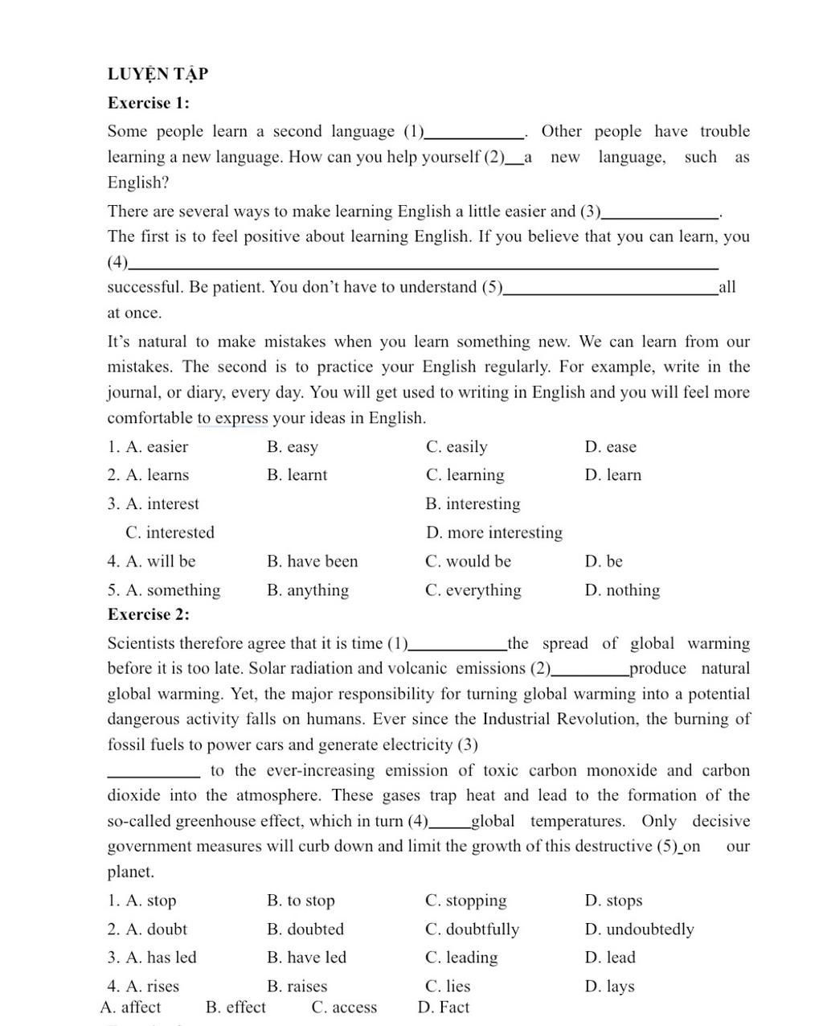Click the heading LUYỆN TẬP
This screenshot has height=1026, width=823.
click(x=158, y=74)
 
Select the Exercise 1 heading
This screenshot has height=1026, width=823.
click(x=149, y=103)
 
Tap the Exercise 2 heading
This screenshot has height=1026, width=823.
click(x=149, y=614)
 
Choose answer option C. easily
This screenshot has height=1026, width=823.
click(x=457, y=447)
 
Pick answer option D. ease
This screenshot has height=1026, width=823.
click(x=611, y=447)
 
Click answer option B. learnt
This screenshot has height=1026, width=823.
click(x=297, y=475)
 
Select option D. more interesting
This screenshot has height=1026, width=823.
click(x=494, y=532)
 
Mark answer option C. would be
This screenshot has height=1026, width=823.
click(x=468, y=561)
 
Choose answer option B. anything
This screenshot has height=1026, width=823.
click(x=308, y=590)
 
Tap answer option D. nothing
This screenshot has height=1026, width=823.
click(x=623, y=590)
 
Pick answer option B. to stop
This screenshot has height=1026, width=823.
click(x=301, y=901)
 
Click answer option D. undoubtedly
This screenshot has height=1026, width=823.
click(x=640, y=930)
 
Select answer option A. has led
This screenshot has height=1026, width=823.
click(x=152, y=958)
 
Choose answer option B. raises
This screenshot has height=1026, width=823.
click(x=297, y=987)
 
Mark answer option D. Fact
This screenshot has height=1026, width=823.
click(x=444, y=1008)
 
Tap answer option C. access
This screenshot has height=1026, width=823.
click(x=344, y=1008)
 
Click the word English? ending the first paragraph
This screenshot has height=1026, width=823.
click(x=138, y=183)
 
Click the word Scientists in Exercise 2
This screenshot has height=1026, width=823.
click(x=141, y=643)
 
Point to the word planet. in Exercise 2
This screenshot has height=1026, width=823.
click(x=131, y=872)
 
